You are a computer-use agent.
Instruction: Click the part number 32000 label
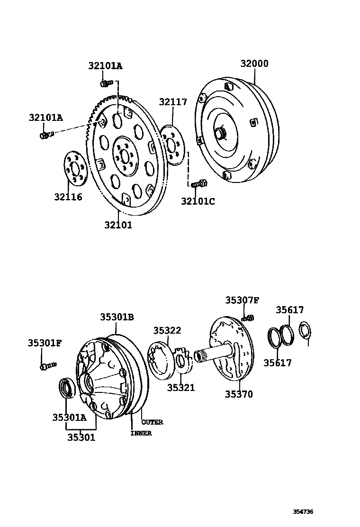(x=254, y=64)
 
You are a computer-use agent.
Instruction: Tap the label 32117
(x=173, y=102)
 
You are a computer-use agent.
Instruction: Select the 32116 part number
(x=68, y=197)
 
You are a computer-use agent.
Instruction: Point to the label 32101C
(x=198, y=201)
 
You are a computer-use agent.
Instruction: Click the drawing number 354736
(x=303, y=512)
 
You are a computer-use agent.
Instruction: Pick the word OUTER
(x=152, y=422)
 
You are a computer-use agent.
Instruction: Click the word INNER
(x=141, y=433)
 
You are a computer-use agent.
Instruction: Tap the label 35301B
(x=117, y=318)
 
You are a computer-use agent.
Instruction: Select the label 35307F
(x=242, y=300)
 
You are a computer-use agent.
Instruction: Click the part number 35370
(x=239, y=394)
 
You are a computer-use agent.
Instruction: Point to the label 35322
(x=167, y=330)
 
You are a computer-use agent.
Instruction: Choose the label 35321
(x=180, y=388)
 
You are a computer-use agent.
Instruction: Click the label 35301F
(x=45, y=343)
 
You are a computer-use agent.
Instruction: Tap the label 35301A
(x=69, y=417)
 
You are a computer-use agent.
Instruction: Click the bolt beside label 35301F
(x=48, y=365)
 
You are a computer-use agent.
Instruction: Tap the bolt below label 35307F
(x=248, y=318)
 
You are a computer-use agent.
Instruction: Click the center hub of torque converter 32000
(x=220, y=134)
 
